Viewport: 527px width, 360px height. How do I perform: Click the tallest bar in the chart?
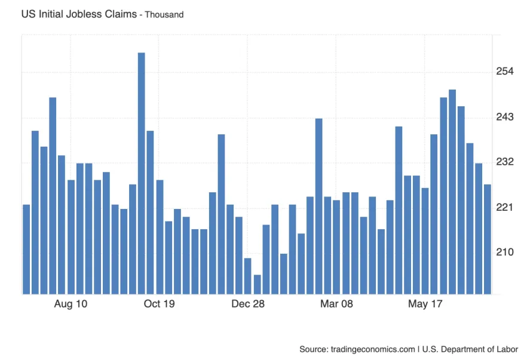click(142, 173)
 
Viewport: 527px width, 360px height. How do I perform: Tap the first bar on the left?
click(26, 249)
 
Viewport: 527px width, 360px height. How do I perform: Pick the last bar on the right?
click(488, 239)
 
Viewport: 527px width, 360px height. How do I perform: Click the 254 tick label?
click(505, 72)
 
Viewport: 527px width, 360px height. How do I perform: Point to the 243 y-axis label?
click(505, 117)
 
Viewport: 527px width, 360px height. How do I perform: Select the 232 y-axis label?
click(505, 162)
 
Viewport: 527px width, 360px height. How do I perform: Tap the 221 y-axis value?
click(505, 207)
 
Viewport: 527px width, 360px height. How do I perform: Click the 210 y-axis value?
click(505, 252)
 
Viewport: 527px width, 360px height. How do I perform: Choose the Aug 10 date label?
click(71, 304)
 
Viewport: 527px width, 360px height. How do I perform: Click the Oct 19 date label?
click(160, 304)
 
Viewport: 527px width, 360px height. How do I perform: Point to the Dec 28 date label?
click(248, 304)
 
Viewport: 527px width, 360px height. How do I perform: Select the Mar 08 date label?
click(337, 304)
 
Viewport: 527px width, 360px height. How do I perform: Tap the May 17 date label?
click(425, 304)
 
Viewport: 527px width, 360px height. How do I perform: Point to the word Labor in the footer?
click(506, 349)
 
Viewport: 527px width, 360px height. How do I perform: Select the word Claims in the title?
click(121, 14)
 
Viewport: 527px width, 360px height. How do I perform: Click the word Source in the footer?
click(313, 349)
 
